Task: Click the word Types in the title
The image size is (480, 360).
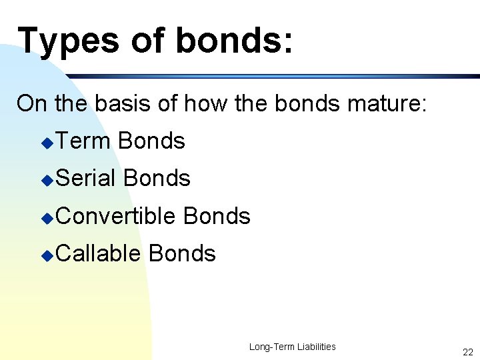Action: pos(67,41)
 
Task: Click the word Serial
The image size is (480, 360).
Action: pos(87,179)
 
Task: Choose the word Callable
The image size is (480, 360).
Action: pos(99,253)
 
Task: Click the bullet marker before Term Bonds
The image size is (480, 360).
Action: pos(46,143)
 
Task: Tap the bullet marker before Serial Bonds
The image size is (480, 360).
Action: pos(46,180)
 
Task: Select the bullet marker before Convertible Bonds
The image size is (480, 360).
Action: pos(46,217)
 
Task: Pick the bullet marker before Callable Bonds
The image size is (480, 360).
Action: pos(46,255)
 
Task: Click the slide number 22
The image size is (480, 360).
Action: pos(467,352)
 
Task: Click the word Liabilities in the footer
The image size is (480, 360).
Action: pos(312,347)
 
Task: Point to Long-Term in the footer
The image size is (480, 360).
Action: pos(268,347)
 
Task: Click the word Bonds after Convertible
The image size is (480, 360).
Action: pos(217,216)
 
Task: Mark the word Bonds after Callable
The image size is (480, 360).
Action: pos(183,253)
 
